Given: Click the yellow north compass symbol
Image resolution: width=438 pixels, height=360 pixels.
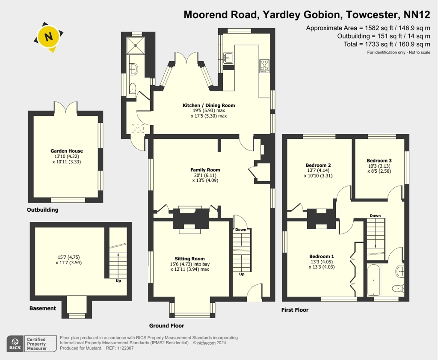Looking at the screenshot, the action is coord(49,37).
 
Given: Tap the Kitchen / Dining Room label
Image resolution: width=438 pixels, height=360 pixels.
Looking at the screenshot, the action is coord(209,105).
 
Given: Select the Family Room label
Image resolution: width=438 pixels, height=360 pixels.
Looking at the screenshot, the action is coord(205,170).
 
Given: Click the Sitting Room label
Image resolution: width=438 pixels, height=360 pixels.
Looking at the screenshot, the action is coord(189,259).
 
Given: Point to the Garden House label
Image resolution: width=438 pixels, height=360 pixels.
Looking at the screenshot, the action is coord(66,151).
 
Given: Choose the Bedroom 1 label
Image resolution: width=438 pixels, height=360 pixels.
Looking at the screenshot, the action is coord(322,257).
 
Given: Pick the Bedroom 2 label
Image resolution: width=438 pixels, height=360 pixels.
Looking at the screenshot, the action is coord(318,165).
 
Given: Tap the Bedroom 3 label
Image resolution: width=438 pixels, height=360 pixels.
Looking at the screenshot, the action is coord(379,161).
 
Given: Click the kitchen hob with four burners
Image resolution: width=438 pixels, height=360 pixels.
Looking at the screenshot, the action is coord(264,66).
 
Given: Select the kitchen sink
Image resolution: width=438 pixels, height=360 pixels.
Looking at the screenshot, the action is coord(228,58).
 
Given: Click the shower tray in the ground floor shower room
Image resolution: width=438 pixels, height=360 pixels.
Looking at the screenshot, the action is coord(135,45).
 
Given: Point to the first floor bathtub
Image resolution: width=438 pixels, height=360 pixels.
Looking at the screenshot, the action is coord(373,280).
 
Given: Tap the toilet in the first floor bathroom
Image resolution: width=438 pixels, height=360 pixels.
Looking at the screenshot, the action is coord(398,288).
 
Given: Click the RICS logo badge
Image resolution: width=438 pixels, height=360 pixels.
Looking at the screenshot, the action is coord(15,343).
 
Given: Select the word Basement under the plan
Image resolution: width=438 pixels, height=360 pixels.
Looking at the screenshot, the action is coord(43,308).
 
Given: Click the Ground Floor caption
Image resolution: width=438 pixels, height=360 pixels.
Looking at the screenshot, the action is coord(166,326).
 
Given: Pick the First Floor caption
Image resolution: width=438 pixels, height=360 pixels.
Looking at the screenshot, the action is coord(295,310).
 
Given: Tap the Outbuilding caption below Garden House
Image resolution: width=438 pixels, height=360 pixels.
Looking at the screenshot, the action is coord(42,210).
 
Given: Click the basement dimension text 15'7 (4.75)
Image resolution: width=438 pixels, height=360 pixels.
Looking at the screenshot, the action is coord(69,257).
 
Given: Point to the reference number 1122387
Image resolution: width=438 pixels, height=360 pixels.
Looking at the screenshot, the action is coord(125,348).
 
